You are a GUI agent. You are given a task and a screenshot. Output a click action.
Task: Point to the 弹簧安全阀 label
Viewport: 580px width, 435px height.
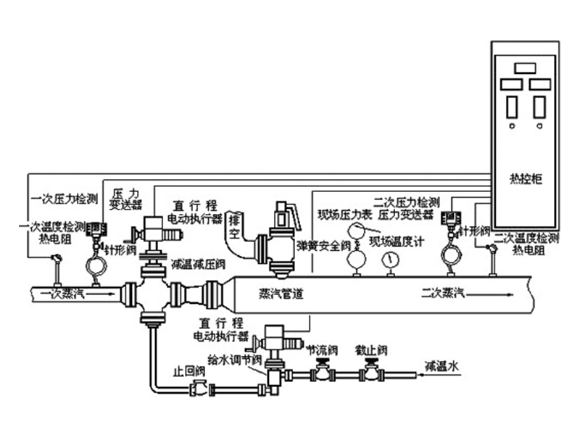pos(316,246)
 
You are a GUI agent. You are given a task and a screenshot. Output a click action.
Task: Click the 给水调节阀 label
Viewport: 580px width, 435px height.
pos(231,358)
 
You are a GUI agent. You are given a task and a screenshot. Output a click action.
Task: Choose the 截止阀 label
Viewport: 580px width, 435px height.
pos(370,349)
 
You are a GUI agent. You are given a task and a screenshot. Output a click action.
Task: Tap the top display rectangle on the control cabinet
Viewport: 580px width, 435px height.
pos(525,67)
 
